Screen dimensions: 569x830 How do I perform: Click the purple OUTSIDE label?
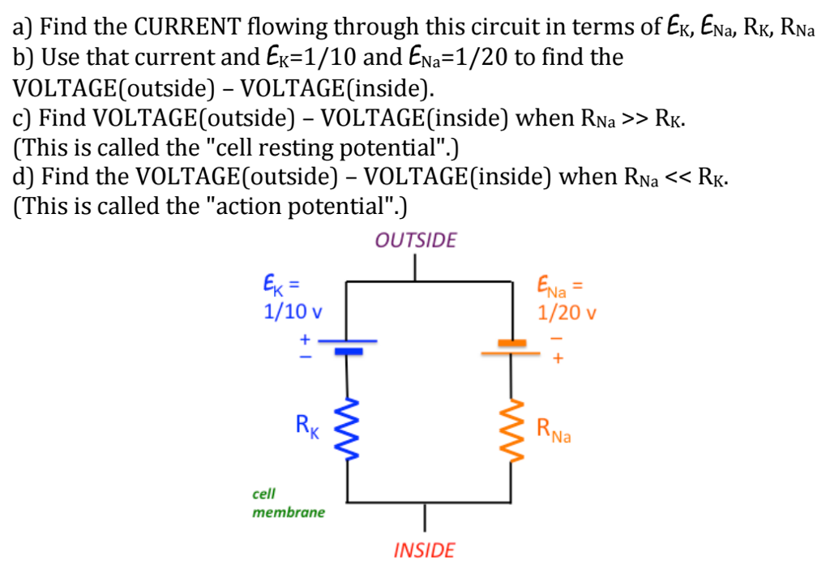click(416, 241)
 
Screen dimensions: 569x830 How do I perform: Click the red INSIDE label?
click(424, 551)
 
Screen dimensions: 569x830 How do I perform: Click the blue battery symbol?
click(349, 346)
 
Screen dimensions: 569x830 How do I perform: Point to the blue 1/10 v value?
click(292, 311)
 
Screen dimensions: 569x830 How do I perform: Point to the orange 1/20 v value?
click(565, 312)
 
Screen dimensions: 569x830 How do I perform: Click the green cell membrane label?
click(288, 503)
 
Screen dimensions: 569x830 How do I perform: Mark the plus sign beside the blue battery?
click(306, 339)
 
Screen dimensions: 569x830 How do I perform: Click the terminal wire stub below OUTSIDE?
click(416, 267)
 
